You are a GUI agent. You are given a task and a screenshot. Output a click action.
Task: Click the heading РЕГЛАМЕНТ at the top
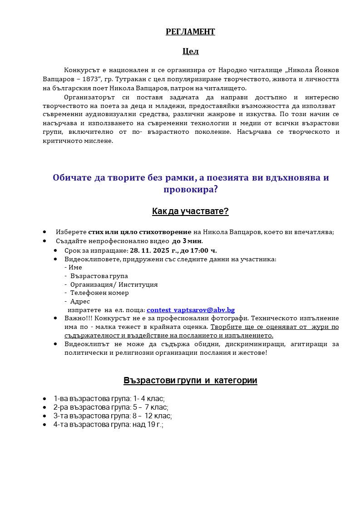pyautogui.click(x=190, y=32)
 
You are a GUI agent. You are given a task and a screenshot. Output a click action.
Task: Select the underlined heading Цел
pyautogui.click(x=190, y=51)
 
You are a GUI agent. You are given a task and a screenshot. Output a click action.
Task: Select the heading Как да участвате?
pyautogui.click(x=190, y=211)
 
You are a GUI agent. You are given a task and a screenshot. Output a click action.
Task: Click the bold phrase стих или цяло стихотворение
pyautogui.click(x=140, y=232)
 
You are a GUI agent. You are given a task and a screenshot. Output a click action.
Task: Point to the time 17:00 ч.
pyautogui.click(x=204, y=250)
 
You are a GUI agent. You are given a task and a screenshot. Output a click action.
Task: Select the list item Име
pyautogui.click(x=75, y=267)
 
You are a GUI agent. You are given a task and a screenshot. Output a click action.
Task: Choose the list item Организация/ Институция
pyautogui.click(x=114, y=284)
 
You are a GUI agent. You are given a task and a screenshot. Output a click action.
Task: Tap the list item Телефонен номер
pyautogui.click(x=99, y=293)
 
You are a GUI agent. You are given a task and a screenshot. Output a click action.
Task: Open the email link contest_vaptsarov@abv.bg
pyautogui.click(x=190, y=310)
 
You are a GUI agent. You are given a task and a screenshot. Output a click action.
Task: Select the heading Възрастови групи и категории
pyautogui.click(x=190, y=381)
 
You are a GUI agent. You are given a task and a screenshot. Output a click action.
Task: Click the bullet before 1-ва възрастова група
pyautogui.click(x=44, y=399)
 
